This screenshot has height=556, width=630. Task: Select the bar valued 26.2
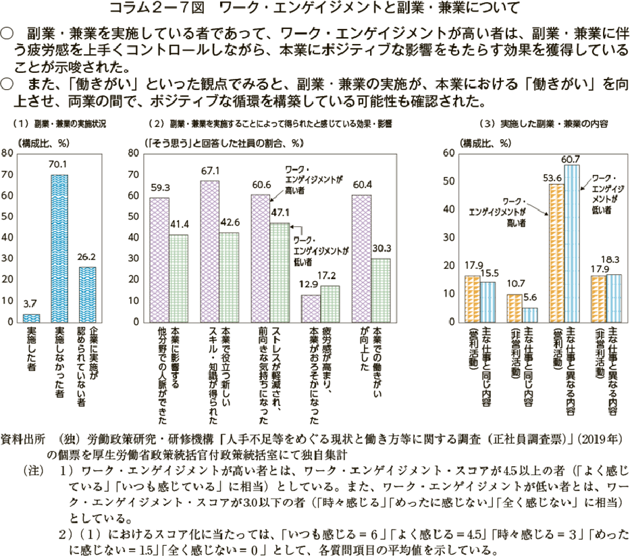point(87,295)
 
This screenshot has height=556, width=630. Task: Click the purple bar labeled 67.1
point(210,251)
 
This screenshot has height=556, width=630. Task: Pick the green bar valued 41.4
point(178,278)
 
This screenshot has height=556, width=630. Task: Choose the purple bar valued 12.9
point(311,309)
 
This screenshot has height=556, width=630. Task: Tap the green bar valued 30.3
point(381,290)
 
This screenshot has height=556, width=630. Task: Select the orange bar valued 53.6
point(557,253)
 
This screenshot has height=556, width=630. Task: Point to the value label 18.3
point(614,259)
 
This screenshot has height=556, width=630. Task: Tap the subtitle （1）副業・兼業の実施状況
point(61,124)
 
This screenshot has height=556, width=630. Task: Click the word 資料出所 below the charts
point(24,439)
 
